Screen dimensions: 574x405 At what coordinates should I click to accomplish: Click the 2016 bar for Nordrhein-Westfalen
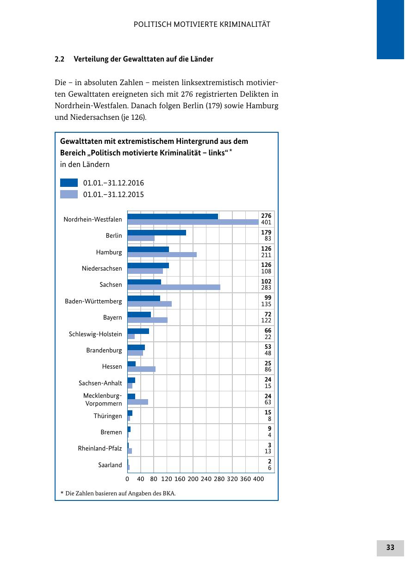tap(173, 216)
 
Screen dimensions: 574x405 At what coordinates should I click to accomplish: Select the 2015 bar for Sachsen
tap(174, 287)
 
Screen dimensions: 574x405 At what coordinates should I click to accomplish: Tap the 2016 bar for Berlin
tap(156, 233)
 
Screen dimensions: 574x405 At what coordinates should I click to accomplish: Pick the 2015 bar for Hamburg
tap(162, 254)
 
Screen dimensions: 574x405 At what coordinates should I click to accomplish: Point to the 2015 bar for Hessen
tap(141, 369)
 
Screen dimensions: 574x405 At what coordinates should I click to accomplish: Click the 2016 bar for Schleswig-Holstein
tap(138, 331)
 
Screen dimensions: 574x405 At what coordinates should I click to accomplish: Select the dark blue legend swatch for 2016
tap(69, 183)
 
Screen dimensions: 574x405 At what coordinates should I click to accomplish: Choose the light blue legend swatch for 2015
tap(69, 194)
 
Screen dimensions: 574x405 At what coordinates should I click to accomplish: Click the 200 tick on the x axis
tap(193, 479)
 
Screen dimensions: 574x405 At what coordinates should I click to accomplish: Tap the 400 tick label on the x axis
tap(258, 479)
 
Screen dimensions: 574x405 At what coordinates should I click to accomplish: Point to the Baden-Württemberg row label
tap(93, 302)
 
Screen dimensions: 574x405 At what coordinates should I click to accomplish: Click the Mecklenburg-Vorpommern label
tap(103, 400)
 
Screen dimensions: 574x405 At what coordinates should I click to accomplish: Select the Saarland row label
tap(110, 465)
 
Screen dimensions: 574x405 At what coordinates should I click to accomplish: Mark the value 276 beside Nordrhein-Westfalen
tap(266, 216)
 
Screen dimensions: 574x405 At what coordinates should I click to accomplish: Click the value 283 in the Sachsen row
tap(266, 288)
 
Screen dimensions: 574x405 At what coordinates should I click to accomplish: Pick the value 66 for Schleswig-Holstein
tap(268, 331)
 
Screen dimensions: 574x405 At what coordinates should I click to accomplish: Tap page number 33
tap(390, 548)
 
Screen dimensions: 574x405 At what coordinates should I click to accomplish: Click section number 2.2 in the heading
tap(59, 59)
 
